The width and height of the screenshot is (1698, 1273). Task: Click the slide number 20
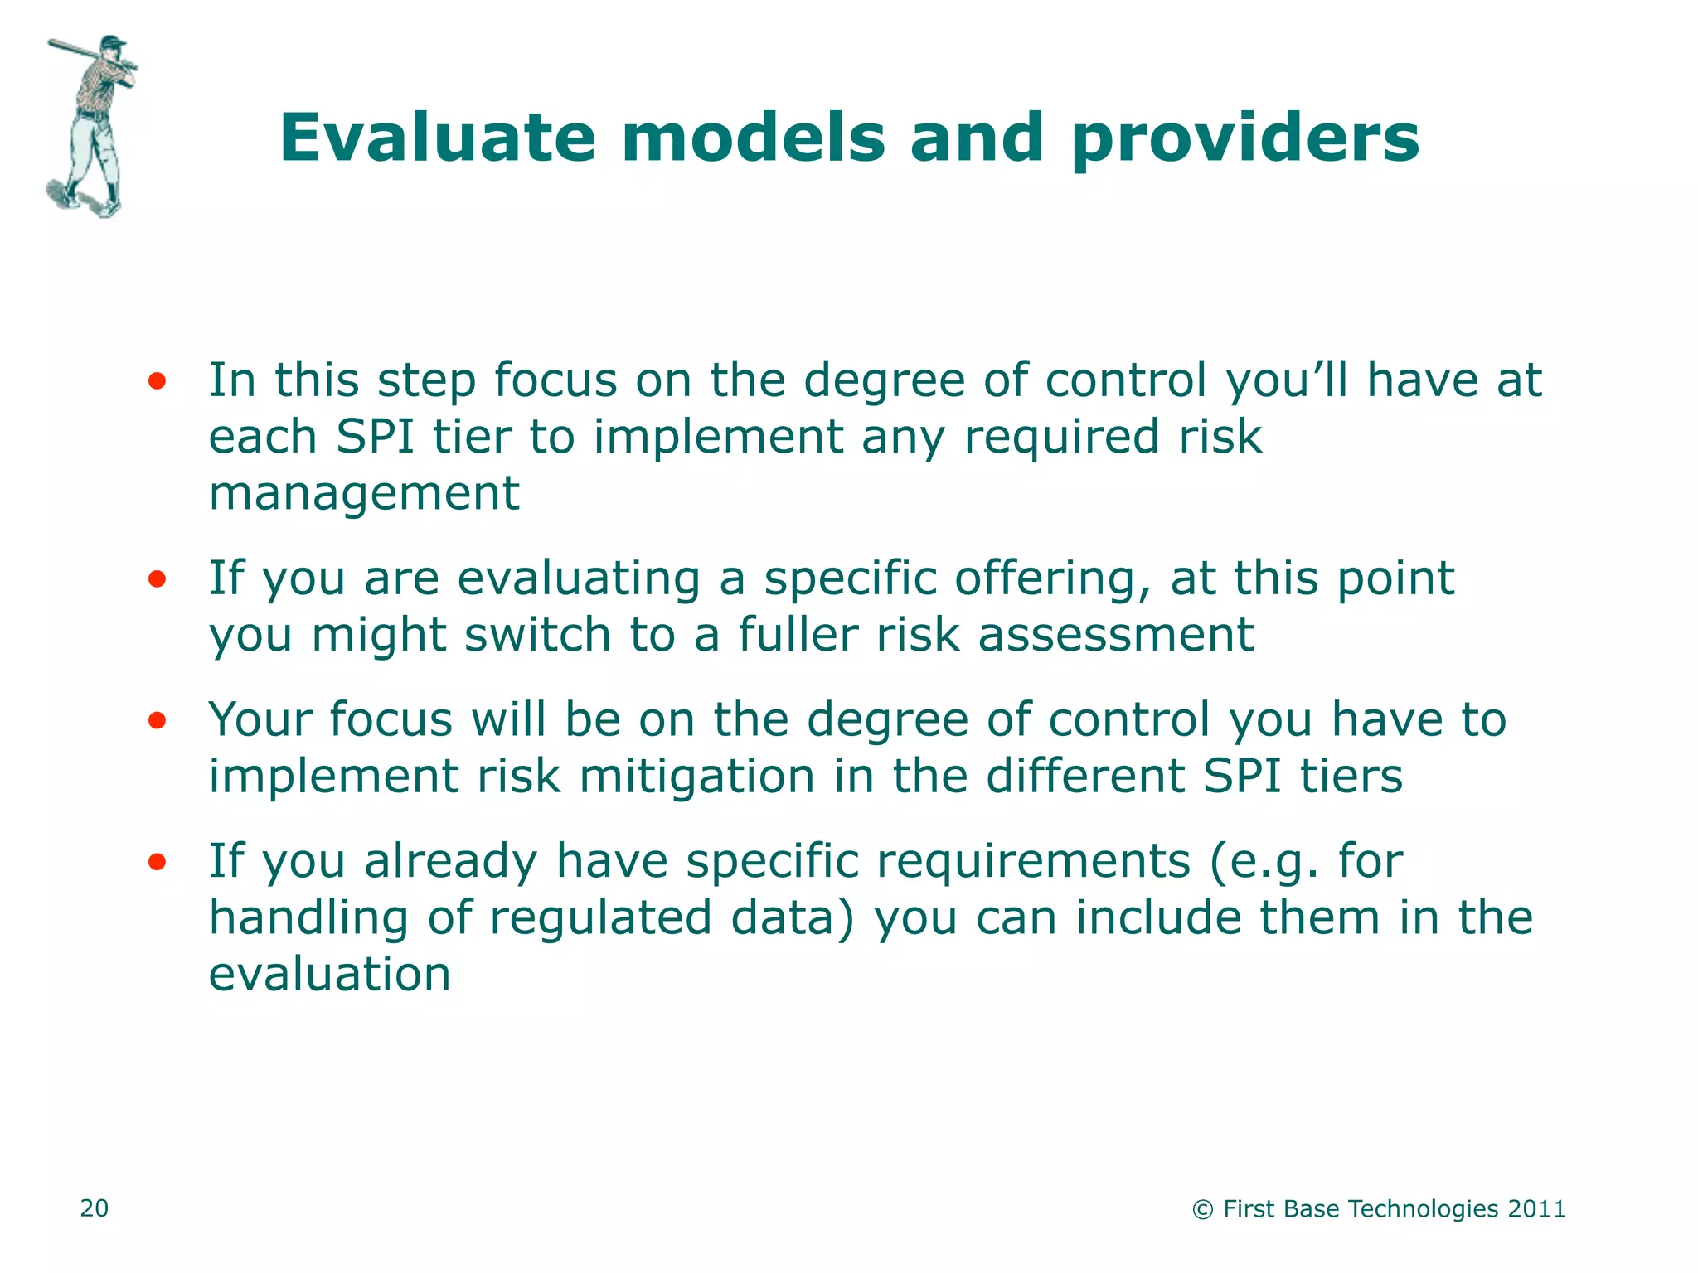point(94,1208)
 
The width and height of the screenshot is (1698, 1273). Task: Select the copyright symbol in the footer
point(1202,1210)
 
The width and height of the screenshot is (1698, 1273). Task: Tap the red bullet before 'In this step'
point(157,382)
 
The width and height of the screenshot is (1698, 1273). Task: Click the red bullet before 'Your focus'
point(157,721)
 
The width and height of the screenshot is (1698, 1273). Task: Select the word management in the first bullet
point(364,494)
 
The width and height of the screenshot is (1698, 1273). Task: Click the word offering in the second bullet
point(1052,578)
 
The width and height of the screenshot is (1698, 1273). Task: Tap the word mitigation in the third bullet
point(696,777)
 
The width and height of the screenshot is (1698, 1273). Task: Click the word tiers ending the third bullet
point(1351,777)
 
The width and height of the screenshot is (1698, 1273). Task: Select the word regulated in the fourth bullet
point(601,918)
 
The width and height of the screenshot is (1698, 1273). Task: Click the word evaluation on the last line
point(329,975)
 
